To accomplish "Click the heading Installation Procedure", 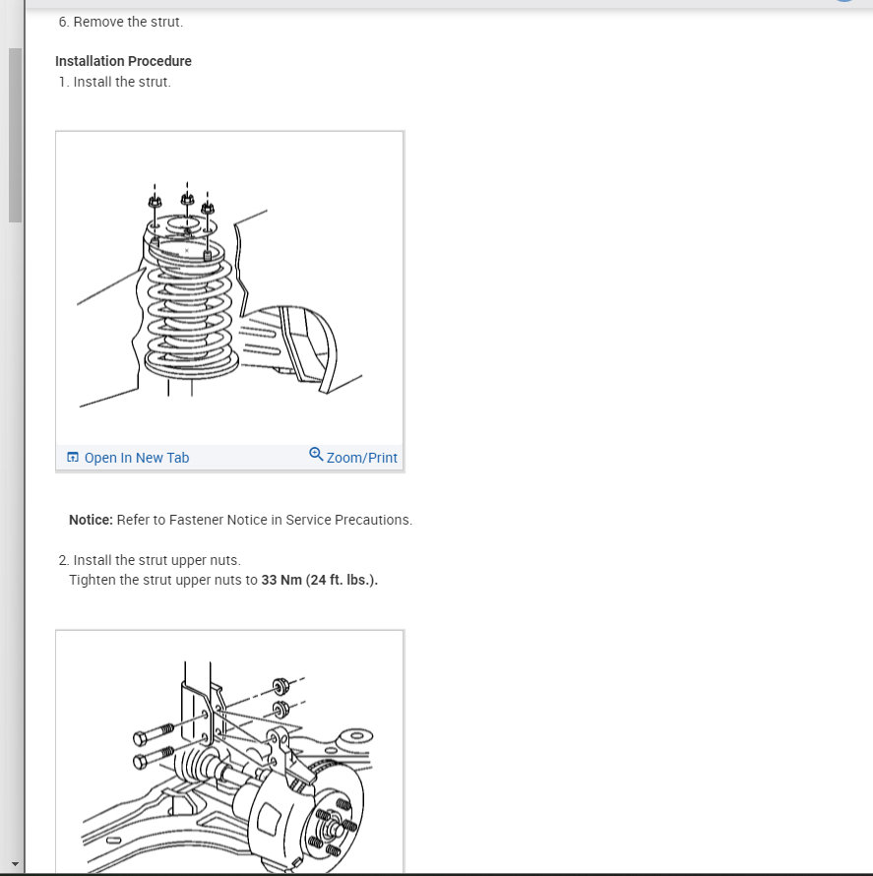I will click(123, 61).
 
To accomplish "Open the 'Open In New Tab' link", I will click(136, 458).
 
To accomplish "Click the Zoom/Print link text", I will click(361, 458).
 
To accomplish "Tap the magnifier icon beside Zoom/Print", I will click(316, 455).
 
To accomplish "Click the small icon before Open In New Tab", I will click(72, 458).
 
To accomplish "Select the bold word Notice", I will click(90, 520).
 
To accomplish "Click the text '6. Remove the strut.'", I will click(120, 22).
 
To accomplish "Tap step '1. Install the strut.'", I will click(114, 82).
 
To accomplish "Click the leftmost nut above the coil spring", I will click(155, 202).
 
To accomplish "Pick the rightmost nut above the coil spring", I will click(208, 208).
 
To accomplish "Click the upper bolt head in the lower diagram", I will click(140, 737).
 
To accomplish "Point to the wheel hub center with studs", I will click(336, 824).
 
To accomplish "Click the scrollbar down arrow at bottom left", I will click(14, 864).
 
